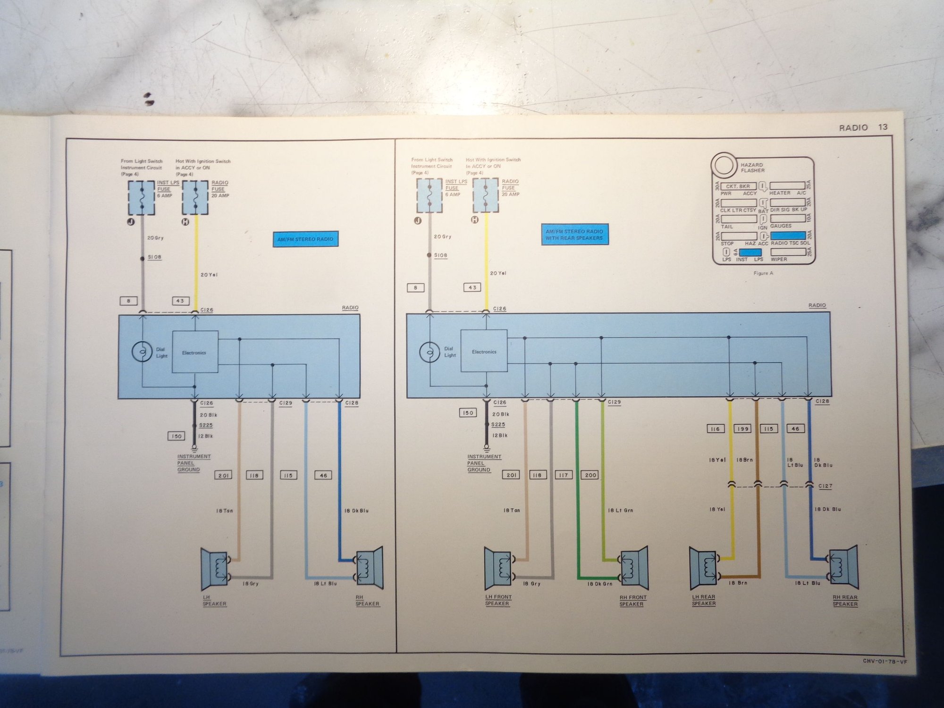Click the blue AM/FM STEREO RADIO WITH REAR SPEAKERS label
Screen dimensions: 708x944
[x=574, y=235]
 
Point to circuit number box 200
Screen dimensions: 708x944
[x=590, y=475]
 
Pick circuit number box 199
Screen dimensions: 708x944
[x=742, y=429]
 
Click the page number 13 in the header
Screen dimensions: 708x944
[x=883, y=127]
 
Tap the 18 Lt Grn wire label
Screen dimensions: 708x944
[x=620, y=510]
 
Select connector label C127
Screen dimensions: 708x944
[x=825, y=486]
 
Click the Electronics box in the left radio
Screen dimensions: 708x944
[x=194, y=352]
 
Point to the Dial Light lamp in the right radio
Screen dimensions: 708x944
[x=429, y=352]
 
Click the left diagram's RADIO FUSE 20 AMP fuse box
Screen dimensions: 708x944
[x=195, y=197]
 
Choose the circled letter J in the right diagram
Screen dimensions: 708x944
[x=417, y=220]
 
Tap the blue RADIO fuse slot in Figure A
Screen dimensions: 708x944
[x=788, y=235]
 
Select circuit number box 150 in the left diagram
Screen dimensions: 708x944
[x=176, y=436]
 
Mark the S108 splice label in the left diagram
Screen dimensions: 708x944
[x=154, y=257]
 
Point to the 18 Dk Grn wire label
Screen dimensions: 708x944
[x=599, y=584]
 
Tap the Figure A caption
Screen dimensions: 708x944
[x=763, y=273]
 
